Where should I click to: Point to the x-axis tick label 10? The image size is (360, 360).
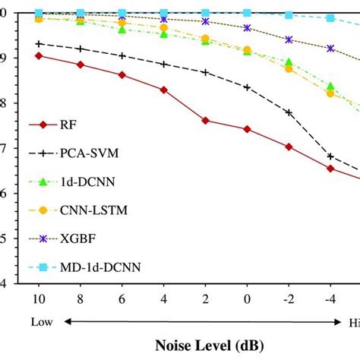pos(39,295)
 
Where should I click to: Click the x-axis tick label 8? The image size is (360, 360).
pos(81,295)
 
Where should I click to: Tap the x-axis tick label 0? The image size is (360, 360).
pos(247,295)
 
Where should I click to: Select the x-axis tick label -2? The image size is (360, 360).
pos(288,295)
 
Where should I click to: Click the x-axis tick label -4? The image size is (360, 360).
pos(330,295)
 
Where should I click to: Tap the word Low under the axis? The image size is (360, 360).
pos(42,321)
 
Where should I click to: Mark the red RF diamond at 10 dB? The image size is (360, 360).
pos(39,55)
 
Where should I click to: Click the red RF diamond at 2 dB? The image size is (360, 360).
pos(205,120)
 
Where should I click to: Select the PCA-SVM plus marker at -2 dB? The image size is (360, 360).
pos(289,112)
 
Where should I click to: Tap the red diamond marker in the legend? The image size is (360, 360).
pos(43,126)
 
